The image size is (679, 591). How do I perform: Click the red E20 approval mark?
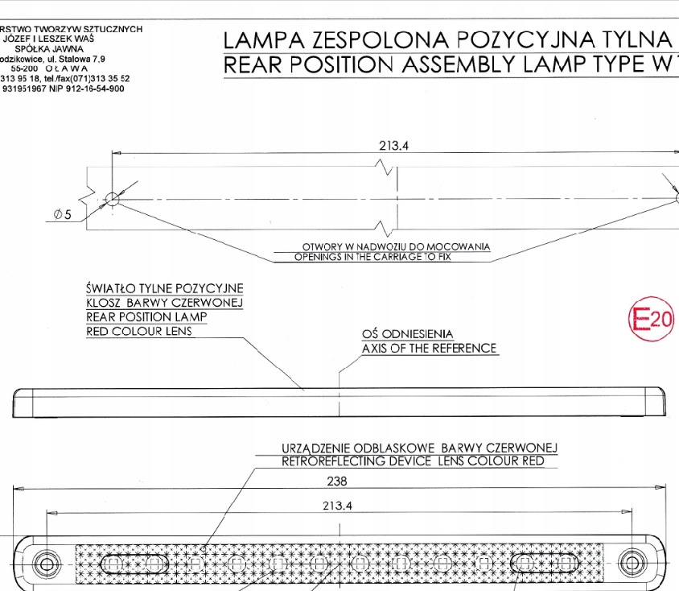pos(650,320)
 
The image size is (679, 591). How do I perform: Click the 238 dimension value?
pos(338,481)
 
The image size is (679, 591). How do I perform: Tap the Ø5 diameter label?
pos(64,213)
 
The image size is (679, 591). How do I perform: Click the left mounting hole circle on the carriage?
pos(113,198)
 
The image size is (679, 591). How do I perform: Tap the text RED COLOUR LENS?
pos(139,331)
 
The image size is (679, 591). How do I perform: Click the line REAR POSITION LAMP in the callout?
pos(146,316)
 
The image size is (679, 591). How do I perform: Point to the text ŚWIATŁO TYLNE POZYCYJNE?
pos(165,288)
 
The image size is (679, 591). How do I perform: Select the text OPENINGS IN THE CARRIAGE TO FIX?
pos(384,257)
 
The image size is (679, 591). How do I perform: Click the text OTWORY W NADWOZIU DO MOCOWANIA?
pos(396,246)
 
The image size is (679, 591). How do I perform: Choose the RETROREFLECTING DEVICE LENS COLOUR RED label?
pos(413,461)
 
